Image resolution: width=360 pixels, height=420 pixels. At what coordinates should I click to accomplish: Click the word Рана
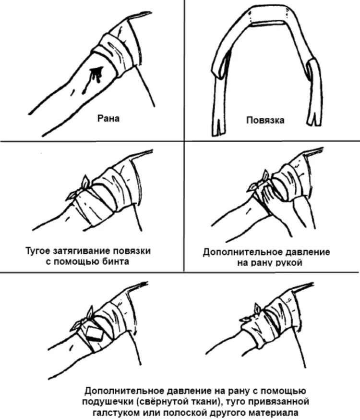pyautogui.click(x=108, y=119)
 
